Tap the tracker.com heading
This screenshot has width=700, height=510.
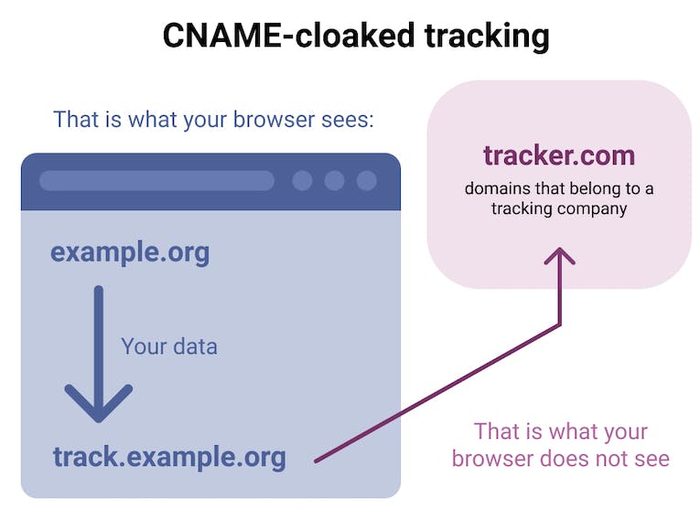559,155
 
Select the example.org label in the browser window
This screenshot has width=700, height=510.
130,252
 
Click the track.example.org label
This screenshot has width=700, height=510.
169,456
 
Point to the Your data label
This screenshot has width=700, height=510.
169,346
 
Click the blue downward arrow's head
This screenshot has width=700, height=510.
99,402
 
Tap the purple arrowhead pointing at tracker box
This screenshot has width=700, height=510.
560,255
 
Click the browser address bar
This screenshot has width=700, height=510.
156,180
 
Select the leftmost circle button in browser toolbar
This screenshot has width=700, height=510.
302,180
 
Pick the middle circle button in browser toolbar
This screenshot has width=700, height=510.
334,180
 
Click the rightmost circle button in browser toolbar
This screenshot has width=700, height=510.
366,180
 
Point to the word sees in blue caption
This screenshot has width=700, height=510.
349,120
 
